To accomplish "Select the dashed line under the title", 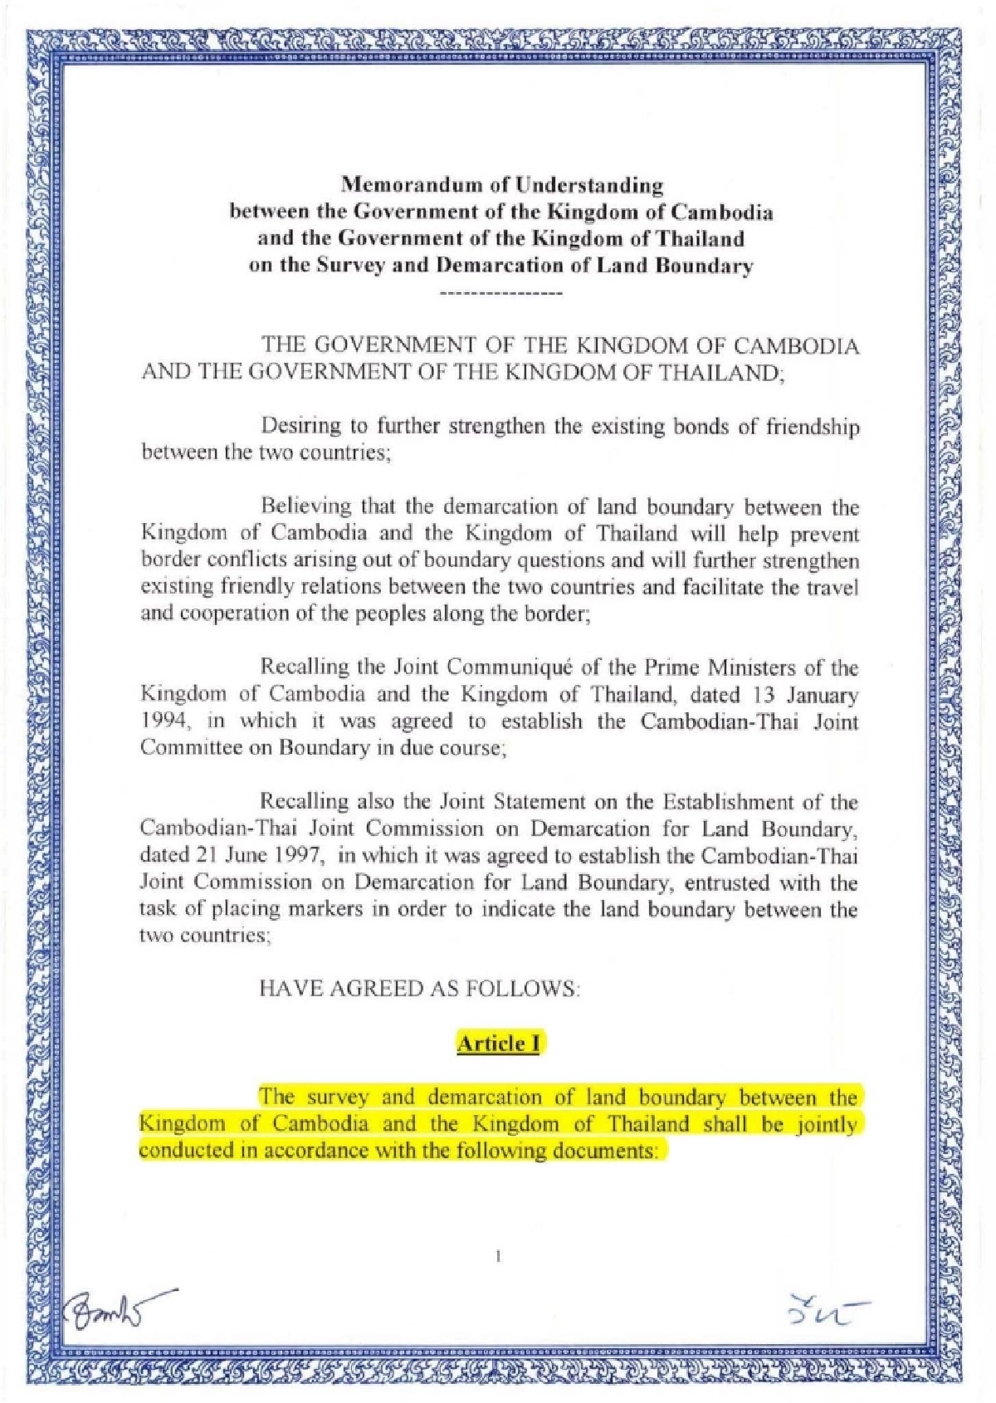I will (500, 294).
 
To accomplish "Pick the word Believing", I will (301, 506).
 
